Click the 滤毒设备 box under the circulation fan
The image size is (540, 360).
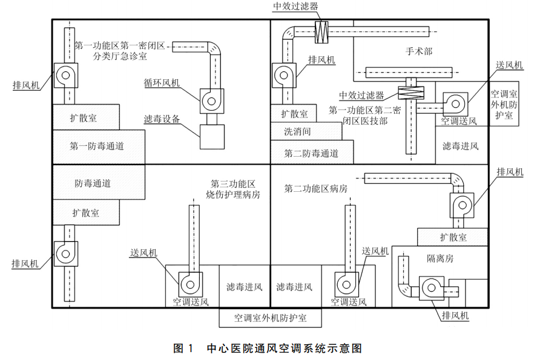coord(212,137)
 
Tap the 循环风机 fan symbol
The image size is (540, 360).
coord(212,101)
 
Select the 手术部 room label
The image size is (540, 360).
coord(419,51)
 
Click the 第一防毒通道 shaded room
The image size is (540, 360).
coord(99,146)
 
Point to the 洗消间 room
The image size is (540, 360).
coord(306,131)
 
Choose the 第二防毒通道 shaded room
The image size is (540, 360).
coord(312,152)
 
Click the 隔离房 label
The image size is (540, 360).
coord(440,258)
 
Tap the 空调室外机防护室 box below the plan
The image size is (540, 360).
coord(271,318)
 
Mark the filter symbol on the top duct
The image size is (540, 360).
coord(321,32)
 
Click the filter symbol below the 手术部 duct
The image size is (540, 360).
coord(411,93)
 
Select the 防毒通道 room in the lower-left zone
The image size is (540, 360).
coord(99,182)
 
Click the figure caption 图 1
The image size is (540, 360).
coord(183,349)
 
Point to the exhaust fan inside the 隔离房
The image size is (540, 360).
coord(432,288)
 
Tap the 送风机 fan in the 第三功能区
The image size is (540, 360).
coord(191,284)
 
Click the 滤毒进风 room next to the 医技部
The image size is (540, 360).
coord(461,145)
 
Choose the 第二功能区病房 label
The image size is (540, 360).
coord(315,189)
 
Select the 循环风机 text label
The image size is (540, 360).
coord(162,83)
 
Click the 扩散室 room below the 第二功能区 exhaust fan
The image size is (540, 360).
coord(453,237)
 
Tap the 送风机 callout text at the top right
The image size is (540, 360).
coord(509,65)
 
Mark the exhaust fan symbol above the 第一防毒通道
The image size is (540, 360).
coord(65,76)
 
